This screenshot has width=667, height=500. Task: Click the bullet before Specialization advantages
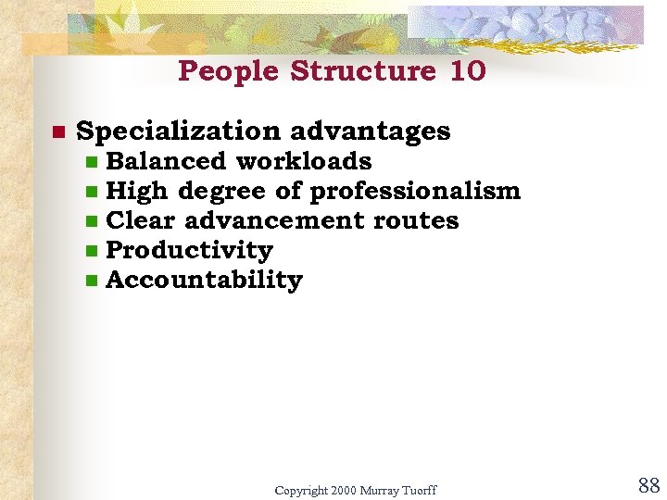pos(56,132)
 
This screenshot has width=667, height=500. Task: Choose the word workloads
pos(304,161)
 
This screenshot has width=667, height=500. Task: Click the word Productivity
pos(190,250)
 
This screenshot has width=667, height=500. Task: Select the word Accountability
pos(205,280)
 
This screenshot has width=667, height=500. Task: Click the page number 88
pos(648,485)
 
